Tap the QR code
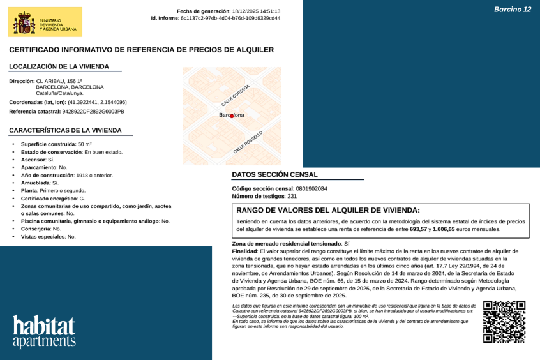tap(504, 322)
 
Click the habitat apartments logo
tap(44, 331)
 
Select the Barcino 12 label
tap(513, 10)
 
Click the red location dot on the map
tap(232, 116)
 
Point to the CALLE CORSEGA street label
tap(236, 94)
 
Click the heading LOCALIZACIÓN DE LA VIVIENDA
tap(59, 66)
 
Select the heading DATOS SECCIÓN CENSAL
tap(274, 174)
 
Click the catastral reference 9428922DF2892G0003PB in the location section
tap(93, 112)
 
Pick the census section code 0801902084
tap(311, 189)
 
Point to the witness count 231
tap(292, 196)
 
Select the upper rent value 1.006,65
tap(444, 229)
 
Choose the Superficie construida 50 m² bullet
tap(56, 144)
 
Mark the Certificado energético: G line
tap(53, 199)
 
